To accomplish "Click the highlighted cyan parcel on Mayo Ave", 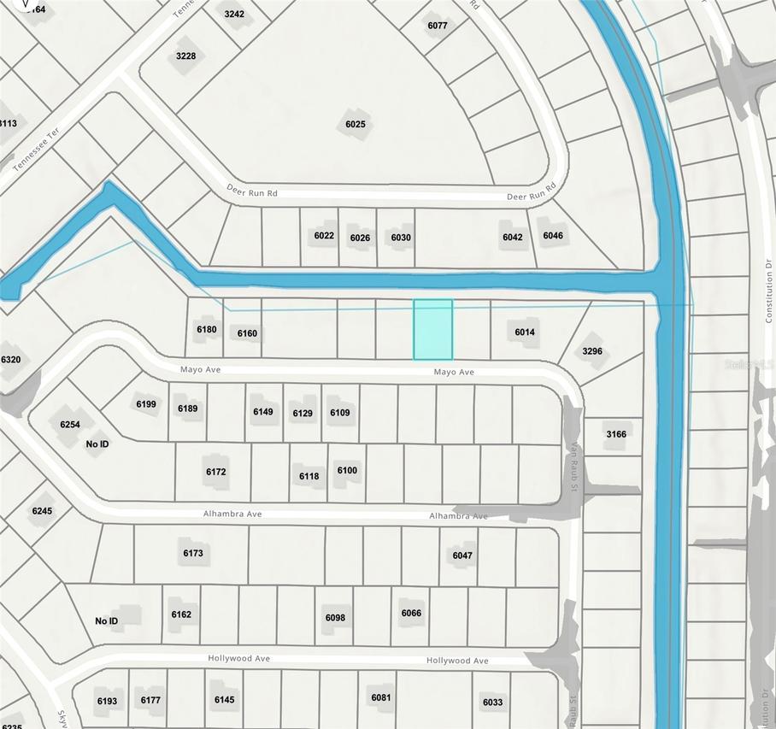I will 432,329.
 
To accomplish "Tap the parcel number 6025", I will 356,125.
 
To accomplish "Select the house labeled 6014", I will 525,332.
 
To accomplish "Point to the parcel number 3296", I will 592,351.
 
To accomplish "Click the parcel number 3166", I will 616,434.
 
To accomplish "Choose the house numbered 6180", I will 206,329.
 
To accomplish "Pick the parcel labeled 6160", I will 247,333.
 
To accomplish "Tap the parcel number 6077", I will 437,26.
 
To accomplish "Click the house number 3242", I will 234,15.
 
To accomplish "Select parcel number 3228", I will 185,56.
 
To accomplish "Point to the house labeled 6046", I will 553,236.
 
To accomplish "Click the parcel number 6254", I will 70,425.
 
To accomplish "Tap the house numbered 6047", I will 462,556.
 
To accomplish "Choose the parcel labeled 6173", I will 193,554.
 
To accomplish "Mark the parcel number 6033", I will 492,703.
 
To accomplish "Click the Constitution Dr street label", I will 768,290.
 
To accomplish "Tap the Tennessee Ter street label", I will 33,156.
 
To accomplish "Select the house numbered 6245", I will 42,511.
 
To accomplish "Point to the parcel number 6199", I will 146,403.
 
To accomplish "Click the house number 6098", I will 335,618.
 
